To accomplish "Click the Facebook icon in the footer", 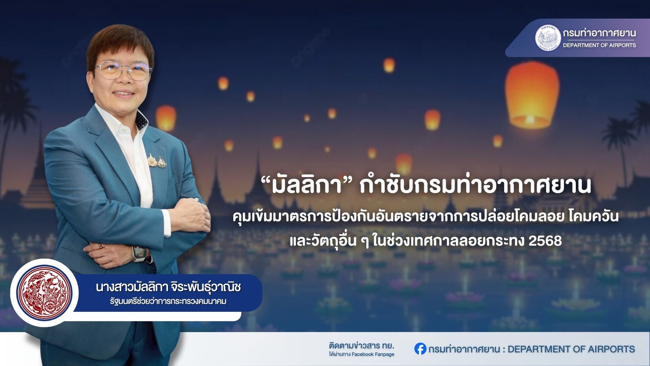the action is coord(420,349).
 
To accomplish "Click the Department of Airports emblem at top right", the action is coord(548,38).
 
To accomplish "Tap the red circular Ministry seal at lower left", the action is coord(44,293).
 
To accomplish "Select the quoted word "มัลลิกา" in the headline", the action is coord(306,185).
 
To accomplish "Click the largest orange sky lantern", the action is coord(532,95).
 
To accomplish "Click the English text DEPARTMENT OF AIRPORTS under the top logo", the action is coord(599,45).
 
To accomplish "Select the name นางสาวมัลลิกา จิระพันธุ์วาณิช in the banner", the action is coord(168,287).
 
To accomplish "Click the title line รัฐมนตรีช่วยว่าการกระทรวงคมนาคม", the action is coord(168,302).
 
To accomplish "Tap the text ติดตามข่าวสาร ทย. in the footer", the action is coord(362,346).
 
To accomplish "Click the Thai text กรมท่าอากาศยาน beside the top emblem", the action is coord(599,33).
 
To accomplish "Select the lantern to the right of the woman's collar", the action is coord(166,118).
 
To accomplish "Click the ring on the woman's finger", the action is coord(101,246).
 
